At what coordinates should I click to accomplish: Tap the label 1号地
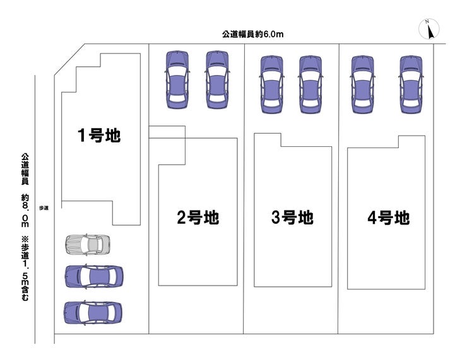click(x=98, y=135)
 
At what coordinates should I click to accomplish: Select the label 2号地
click(x=198, y=218)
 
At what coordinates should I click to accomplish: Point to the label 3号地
click(x=292, y=218)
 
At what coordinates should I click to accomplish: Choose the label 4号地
click(x=388, y=218)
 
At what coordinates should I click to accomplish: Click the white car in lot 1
click(x=87, y=243)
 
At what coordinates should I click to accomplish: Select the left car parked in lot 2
click(x=177, y=79)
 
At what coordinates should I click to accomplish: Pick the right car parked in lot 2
click(x=216, y=79)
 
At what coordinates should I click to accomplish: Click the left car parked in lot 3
click(x=271, y=84)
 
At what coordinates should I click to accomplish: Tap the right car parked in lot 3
click(x=310, y=84)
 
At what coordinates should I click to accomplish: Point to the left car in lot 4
click(x=363, y=84)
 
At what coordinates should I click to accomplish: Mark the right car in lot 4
click(x=410, y=84)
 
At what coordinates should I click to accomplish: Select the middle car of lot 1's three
click(x=93, y=276)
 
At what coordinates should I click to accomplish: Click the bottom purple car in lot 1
click(x=93, y=312)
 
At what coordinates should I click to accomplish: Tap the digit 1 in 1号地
click(x=81, y=135)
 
